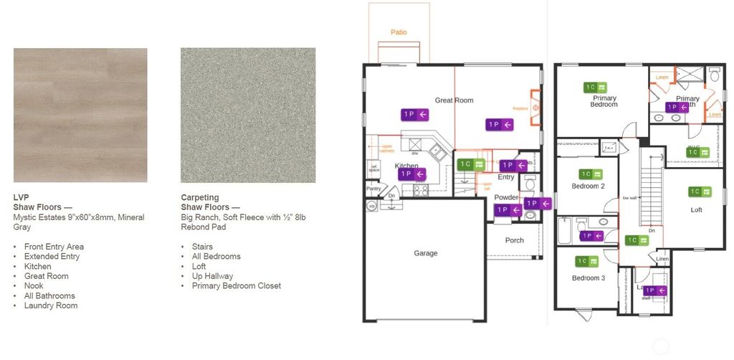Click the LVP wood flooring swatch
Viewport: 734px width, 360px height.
[x=80, y=115]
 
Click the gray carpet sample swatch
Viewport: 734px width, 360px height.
[x=248, y=115]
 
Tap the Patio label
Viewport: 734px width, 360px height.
[x=399, y=32]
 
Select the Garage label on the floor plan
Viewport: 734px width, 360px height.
[x=426, y=253]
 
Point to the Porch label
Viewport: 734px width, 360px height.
[x=514, y=240]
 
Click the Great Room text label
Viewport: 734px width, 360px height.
[x=454, y=100]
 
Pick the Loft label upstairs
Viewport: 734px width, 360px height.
[x=696, y=210]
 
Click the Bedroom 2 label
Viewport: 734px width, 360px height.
[x=588, y=186]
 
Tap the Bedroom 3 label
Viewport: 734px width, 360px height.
[x=588, y=278]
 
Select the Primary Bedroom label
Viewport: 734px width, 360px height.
[x=604, y=101]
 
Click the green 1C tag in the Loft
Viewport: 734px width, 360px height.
[x=699, y=191]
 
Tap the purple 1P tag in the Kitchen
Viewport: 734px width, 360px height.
[x=411, y=174]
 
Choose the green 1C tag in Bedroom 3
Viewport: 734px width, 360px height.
[x=588, y=262]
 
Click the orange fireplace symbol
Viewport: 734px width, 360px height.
[x=535, y=108]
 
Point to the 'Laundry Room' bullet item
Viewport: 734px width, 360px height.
[x=51, y=305]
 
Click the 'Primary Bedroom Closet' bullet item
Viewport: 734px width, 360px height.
[x=237, y=286]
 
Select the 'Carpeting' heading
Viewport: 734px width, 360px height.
[x=200, y=198]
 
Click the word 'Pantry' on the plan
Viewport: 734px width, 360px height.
[x=373, y=189]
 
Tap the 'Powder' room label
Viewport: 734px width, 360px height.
[x=506, y=197]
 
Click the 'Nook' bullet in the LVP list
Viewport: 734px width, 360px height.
[x=34, y=286]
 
